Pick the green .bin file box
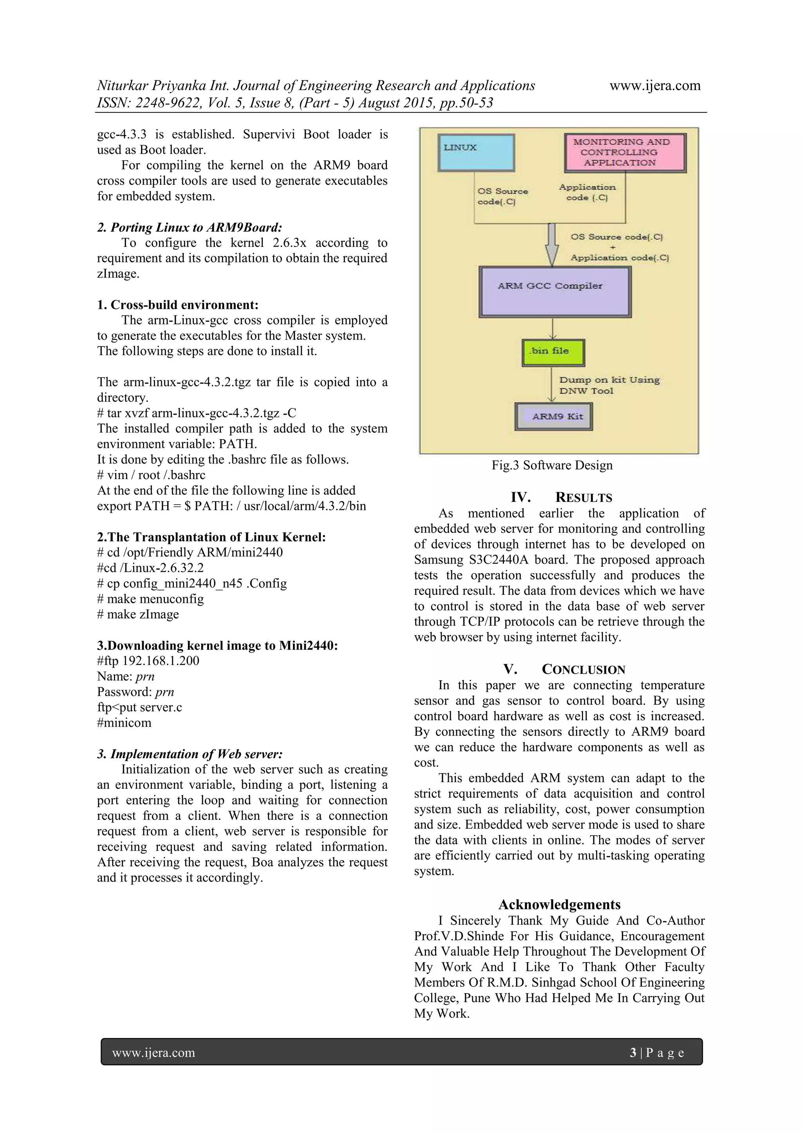pos(553,352)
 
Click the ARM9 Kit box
pos(553,416)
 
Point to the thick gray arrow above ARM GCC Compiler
pos(551,245)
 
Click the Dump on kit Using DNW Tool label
pos(609,385)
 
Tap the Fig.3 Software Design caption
pos(551,465)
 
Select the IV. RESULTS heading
pos(561,498)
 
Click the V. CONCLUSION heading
pos(564,669)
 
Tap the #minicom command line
pos(124,723)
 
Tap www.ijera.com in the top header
pos(655,85)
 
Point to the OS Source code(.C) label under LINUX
pos(502,196)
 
